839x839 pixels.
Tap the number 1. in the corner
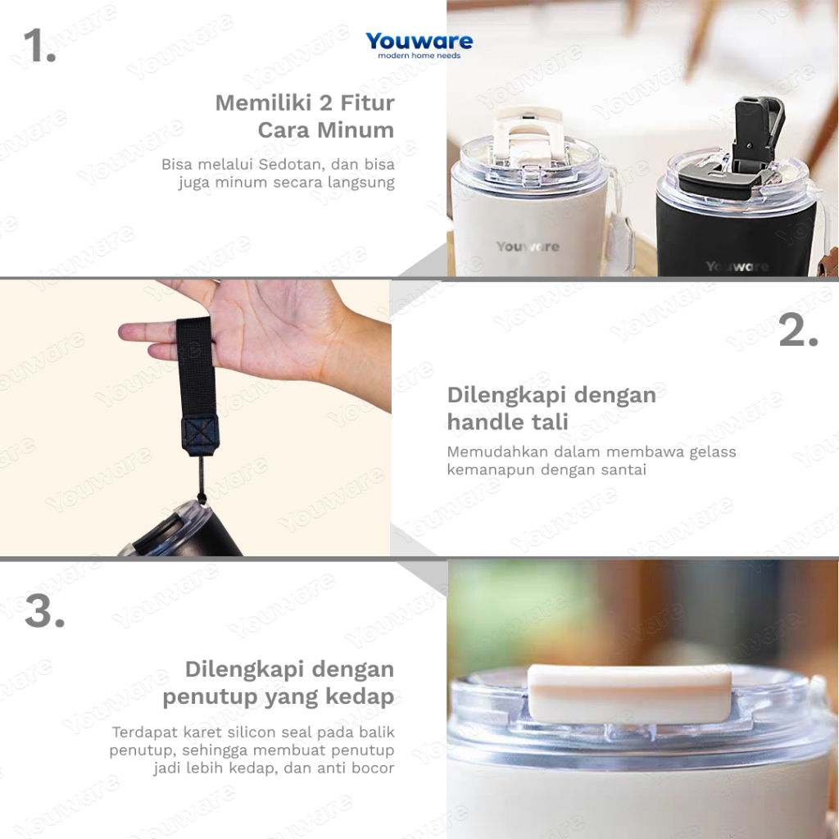coord(40,46)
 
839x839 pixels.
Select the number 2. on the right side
coord(798,331)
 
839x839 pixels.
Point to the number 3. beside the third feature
coord(45,611)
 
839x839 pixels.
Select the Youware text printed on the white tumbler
coord(528,247)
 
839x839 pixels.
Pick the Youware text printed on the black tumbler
coord(737,266)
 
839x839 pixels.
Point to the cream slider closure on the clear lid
coord(630,693)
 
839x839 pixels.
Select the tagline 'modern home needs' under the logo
coord(419,56)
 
